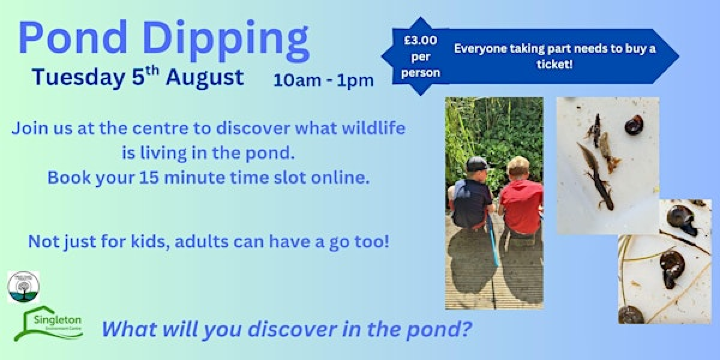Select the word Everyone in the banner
(x=485, y=47)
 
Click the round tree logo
(x=22, y=287)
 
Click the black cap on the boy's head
(x=476, y=163)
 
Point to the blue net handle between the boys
(x=495, y=246)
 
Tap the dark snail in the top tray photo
(x=633, y=124)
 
